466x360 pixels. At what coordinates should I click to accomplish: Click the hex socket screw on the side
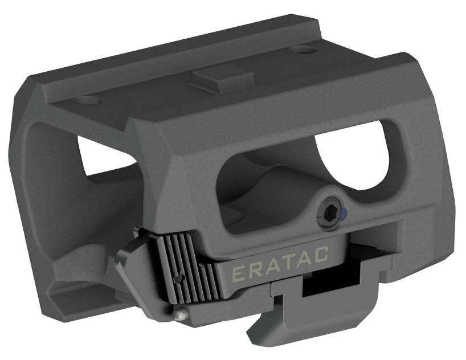coord(330,214)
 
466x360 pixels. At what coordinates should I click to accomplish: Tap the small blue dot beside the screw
coord(344,214)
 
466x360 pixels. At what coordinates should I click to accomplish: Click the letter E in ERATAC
coord(238,274)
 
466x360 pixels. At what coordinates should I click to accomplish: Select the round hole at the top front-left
coord(88,101)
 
